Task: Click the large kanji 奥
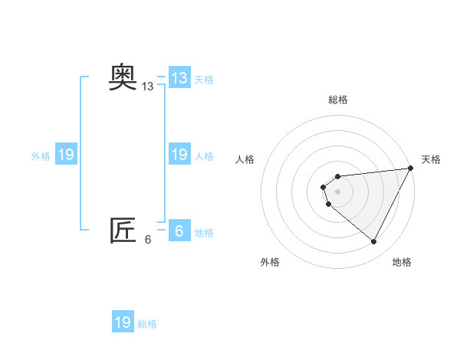click(x=123, y=77)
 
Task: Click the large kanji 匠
click(x=123, y=230)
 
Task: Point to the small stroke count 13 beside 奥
click(x=148, y=87)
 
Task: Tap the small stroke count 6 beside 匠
click(x=148, y=240)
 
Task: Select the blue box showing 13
click(x=179, y=78)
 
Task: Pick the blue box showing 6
click(x=179, y=230)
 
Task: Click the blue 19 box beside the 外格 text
click(x=66, y=155)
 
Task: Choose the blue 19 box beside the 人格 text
click(x=179, y=155)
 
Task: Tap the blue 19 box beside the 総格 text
click(x=123, y=322)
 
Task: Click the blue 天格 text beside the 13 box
click(x=204, y=79)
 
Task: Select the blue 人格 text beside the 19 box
click(x=204, y=155)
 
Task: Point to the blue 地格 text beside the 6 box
click(x=204, y=232)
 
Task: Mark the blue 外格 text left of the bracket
click(x=41, y=155)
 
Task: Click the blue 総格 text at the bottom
click(x=147, y=323)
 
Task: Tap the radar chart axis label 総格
click(x=337, y=100)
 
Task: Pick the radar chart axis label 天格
click(x=431, y=159)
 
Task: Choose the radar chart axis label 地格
click(x=402, y=262)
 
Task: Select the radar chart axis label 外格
click(x=270, y=262)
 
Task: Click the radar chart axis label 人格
click(x=245, y=159)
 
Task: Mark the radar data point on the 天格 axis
click(x=411, y=169)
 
